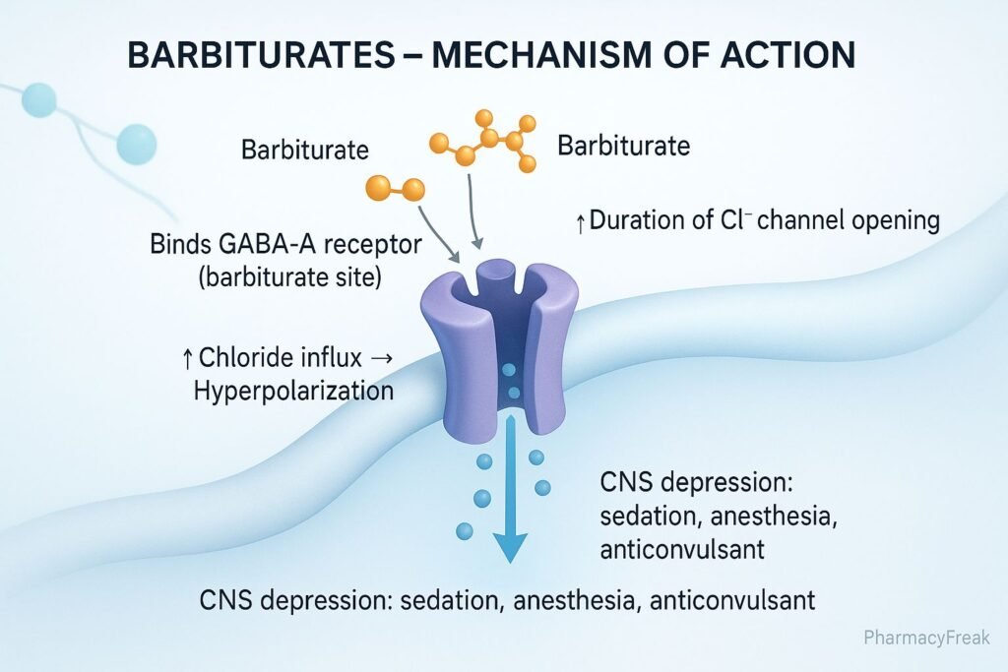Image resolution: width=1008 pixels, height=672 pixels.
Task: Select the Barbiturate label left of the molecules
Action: pyautogui.click(x=305, y=151)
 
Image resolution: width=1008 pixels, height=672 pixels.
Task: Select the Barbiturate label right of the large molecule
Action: pyautogui.click(x=623, y=147)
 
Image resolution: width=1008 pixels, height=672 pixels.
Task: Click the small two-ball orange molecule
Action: pyautogui.click(x=394, y=188)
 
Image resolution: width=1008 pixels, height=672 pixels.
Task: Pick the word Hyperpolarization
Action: pyautogui.click(x=293, y=390)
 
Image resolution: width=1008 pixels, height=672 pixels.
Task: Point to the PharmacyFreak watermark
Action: pyautogui.click(x=927, y=638)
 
